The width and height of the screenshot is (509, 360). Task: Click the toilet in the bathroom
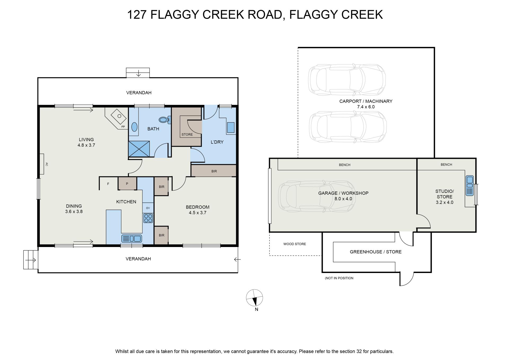click(166, 120)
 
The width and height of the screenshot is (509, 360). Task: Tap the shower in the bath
click(139, 149)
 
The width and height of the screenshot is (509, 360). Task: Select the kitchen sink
click(131, 238)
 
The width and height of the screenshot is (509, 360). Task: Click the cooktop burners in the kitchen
click(148, 218)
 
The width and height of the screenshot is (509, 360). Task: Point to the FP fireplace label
click(123, 127)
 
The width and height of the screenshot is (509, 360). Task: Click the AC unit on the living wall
click(42, 164)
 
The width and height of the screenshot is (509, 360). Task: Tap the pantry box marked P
click(127, 184)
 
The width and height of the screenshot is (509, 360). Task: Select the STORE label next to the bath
click(187, 135)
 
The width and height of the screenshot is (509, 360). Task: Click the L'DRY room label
click(217, 142)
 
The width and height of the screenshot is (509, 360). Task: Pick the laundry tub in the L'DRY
click(231, 128)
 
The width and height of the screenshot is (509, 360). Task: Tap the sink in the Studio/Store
click(470, 186)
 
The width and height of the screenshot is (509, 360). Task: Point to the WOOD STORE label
click(295, 244)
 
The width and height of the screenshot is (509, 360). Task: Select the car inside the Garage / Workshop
click(317, 196)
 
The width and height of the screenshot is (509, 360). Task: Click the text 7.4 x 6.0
click(366, 107)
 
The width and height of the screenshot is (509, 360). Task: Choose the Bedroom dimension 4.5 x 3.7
click(198, 212)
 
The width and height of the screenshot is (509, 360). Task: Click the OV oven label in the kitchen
click(148, 208)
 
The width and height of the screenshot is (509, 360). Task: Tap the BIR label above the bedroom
click(214, 171)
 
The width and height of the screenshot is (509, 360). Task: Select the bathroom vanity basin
click(134, 127)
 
